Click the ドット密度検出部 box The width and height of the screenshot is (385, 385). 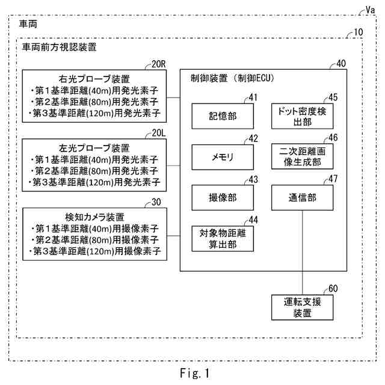[x=301, y=115]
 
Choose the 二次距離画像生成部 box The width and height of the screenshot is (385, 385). [x=301, y=156]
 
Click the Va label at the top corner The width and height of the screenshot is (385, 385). [x=371, y=10]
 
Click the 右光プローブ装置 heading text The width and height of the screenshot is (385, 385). [x=94, y=79]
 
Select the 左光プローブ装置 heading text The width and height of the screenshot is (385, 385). [x=94, y=148]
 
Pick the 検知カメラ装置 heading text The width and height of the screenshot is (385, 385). [x=94, y=217]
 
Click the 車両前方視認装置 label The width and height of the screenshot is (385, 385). [x=59, y=46]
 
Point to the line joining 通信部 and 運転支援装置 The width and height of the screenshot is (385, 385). [x=301, y=253]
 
